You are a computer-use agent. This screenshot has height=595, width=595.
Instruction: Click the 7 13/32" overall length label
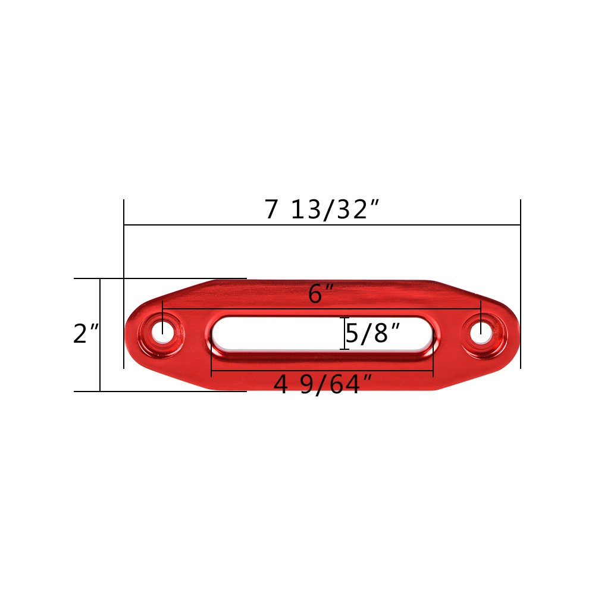coord(322,209)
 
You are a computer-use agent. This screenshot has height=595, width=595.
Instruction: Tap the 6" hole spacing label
coord(321,295)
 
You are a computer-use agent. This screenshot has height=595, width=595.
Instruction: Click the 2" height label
coord(86,334)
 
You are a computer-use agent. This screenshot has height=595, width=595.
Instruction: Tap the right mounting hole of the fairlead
coord(481,334)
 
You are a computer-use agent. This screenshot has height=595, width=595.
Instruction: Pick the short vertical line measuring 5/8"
coord(344,334)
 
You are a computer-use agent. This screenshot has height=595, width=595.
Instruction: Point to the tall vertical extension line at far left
coord(124,250)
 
